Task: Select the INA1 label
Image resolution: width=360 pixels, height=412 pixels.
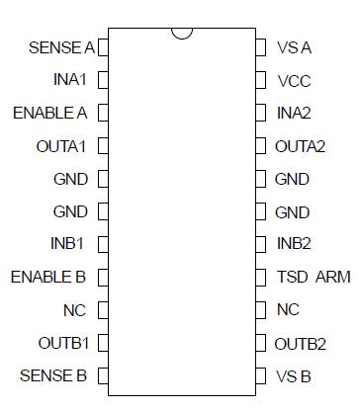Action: (x=69, y=79)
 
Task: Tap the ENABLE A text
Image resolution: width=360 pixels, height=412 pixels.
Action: (x=49, y=113)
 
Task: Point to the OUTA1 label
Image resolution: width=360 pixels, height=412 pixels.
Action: (x=61, y=146)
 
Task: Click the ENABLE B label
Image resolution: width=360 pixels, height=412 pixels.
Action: (x=46, y=277)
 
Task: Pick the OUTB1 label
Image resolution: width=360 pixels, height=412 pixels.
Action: (x=62, y=343)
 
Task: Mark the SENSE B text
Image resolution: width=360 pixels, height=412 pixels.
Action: (x=53, y=375)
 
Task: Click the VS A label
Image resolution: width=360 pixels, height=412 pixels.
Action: (x=295, y=46)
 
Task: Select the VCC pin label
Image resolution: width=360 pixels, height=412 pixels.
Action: (x=295, y=80)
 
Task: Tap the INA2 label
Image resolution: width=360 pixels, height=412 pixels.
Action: (x=295, y=113)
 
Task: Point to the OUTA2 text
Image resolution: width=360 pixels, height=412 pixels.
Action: (x=301, y=146)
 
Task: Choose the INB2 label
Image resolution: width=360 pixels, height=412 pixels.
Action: (x=295, y=244)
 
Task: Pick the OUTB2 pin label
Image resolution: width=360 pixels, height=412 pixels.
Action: (x=301, y=343)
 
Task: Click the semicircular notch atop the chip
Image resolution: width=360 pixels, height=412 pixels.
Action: (x=181, y=34)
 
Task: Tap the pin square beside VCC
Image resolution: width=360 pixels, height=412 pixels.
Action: (x=260, y=80)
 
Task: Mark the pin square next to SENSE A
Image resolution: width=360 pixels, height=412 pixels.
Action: (x=103, y=46)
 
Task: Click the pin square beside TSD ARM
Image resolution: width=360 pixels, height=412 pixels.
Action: (x=260, y=278)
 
